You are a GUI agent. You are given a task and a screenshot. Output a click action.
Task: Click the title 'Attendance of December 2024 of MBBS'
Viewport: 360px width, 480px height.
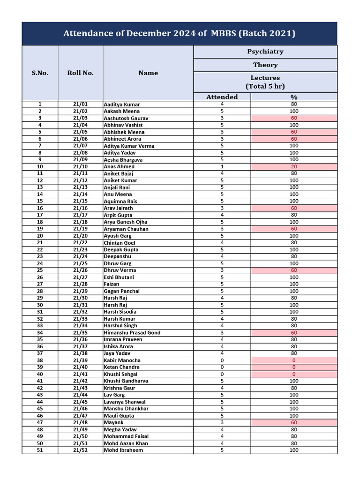click(x=179, y=33)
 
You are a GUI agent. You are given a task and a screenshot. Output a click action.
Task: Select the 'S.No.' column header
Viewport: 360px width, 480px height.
click(x=40, y=73)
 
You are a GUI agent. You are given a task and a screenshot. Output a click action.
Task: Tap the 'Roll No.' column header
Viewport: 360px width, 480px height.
click(x=80, y=73)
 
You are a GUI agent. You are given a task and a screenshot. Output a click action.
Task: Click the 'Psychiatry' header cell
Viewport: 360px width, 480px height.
click(x=265, y=52)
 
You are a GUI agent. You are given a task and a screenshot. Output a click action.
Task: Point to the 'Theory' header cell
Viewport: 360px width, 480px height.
click(x=265, y=65)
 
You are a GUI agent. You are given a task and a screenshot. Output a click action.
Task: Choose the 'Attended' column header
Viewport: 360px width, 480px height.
click(x=222, y=97)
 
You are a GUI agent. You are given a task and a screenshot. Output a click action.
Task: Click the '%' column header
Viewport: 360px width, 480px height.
click(x=294, y=97)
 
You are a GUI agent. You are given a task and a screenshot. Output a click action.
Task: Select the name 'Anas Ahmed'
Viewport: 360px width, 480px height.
click(x=119, y=166)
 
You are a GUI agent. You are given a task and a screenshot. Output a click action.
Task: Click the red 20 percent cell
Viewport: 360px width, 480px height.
click(x=294, y=166)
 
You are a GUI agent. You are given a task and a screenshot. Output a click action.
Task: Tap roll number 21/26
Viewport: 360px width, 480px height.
click(x=80, y=270)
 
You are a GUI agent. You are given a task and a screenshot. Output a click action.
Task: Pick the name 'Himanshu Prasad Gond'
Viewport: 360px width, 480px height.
click(x=132, y=333)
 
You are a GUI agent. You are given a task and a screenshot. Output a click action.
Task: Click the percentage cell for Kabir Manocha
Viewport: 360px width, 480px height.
click(x=294, y=360)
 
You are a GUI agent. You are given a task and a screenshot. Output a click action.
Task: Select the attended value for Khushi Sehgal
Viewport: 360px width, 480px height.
click(x=222, y=374)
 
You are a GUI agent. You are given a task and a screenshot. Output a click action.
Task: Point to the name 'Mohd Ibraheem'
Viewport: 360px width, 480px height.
click(x=123, y=450)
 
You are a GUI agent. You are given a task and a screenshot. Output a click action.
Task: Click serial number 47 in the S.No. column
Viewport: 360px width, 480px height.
click(x=40, y=423)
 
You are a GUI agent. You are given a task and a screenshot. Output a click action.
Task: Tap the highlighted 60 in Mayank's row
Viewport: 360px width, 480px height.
click(x=294, y=423)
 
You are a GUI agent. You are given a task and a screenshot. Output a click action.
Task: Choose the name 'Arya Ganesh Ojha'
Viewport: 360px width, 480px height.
click(x=126, y=222)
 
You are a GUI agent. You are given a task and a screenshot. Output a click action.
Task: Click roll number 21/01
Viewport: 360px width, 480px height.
click(x=80, y=104)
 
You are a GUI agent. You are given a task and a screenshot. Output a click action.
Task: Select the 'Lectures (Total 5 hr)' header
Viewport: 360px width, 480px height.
click(x=265, y=82)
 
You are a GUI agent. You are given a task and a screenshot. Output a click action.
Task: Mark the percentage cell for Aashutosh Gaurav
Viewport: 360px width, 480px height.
click(x=294, y=118)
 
